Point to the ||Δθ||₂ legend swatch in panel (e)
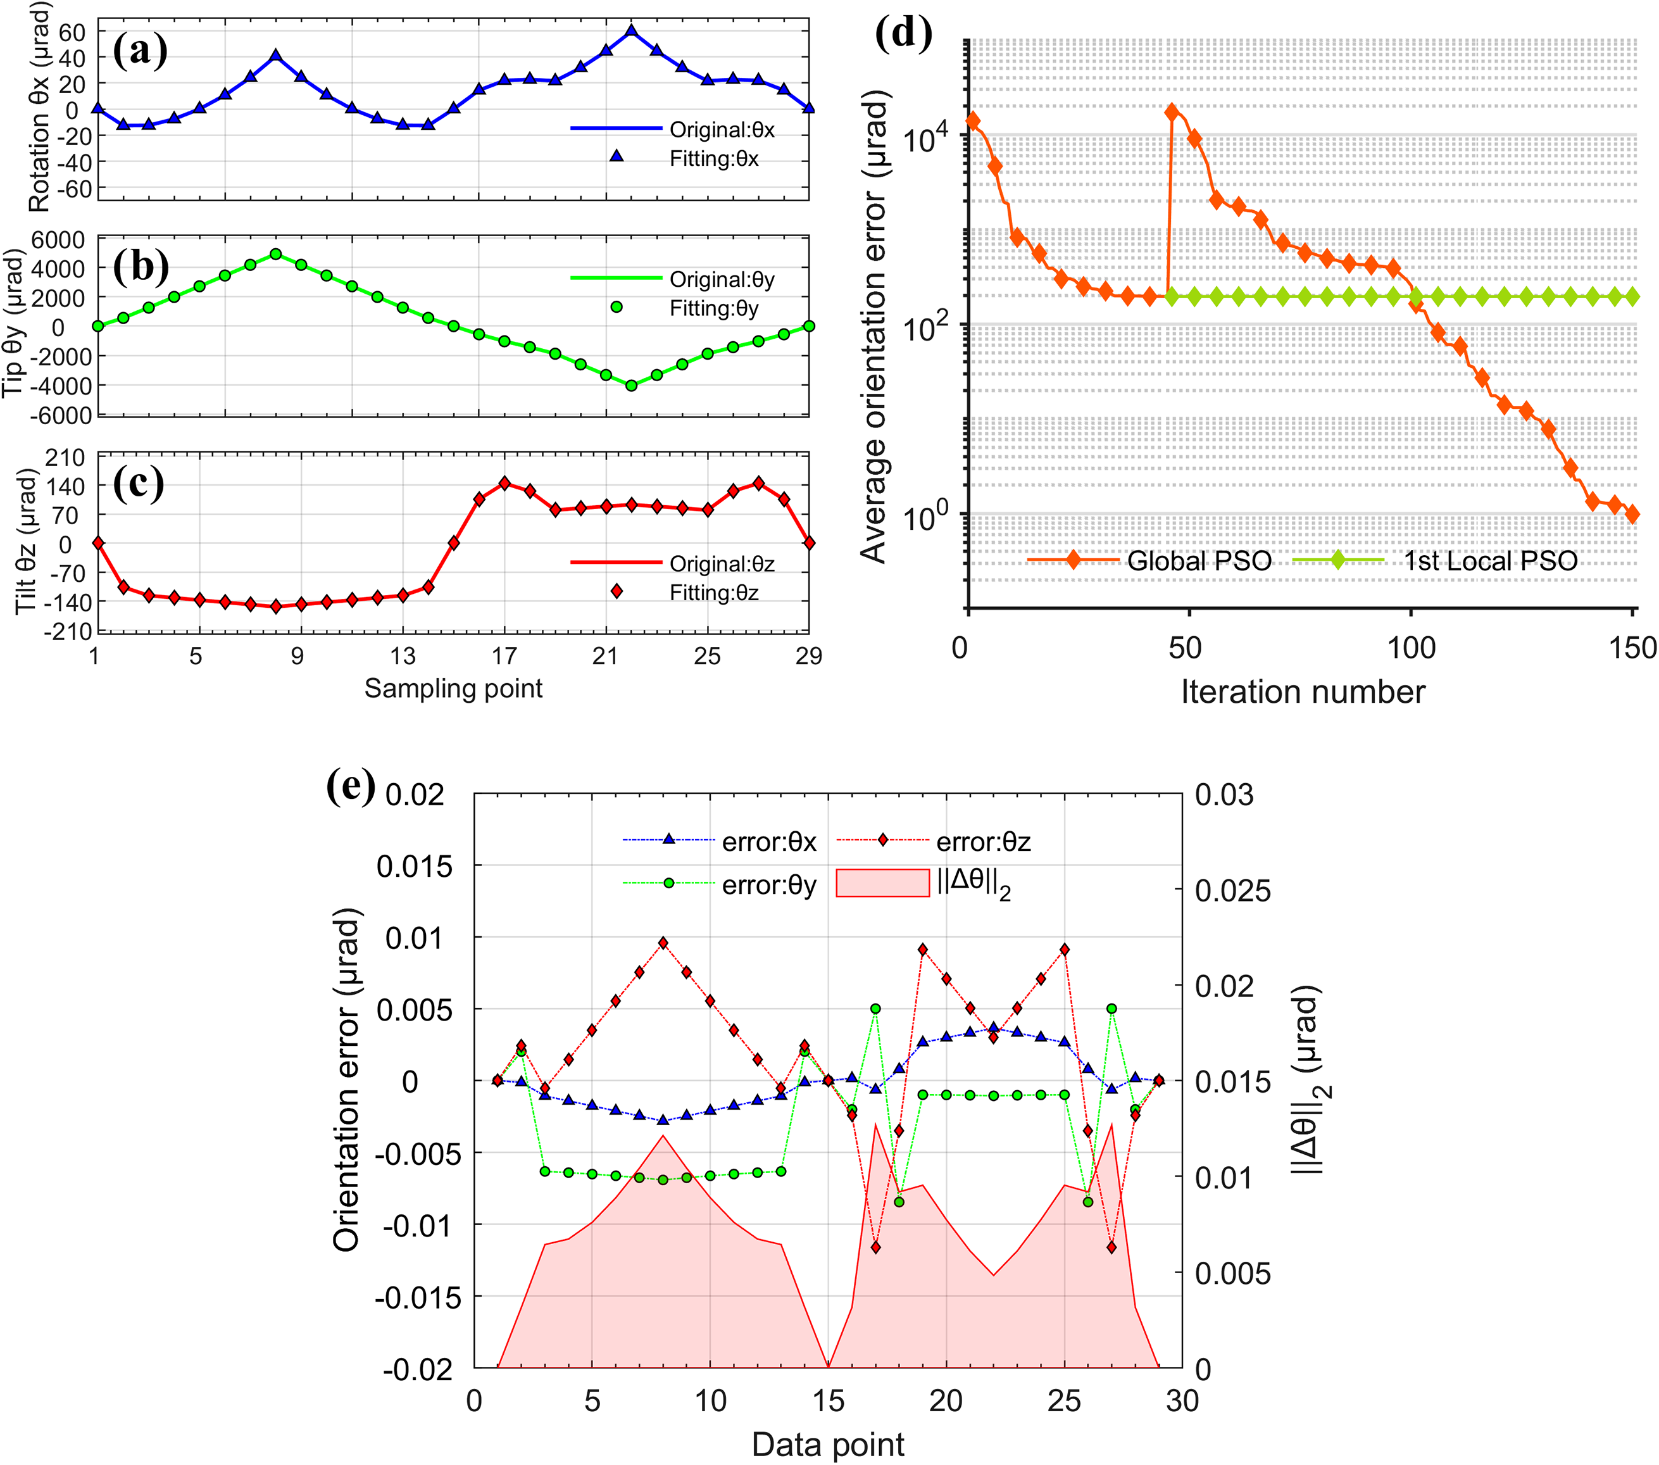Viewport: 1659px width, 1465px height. tap(882, 883)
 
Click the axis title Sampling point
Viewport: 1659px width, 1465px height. tap(453, 688)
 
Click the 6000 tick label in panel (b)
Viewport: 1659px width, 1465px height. tap(58, 240)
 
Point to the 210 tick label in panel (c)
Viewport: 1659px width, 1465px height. tap(65, 458)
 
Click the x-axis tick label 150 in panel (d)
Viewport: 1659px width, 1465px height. tap(1633, 648)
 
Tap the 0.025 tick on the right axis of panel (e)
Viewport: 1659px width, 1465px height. tap(1233, 890)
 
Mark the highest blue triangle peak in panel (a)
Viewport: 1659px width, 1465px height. tap(632, 32)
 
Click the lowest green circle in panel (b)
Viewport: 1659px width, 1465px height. tap(632, 386)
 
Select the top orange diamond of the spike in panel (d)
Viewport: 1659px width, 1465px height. tap(1171, 112)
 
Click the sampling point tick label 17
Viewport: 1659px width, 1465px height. tap(504, 656)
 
